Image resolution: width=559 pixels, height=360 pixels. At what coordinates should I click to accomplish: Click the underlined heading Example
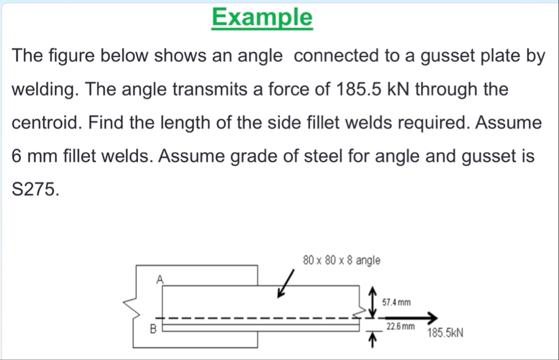(262, 18)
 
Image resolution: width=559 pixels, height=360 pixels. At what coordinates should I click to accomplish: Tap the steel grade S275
(33, 189)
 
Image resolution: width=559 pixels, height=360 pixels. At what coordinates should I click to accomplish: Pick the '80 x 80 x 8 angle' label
(342, 260)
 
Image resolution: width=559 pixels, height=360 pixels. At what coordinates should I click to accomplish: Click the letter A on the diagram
(159, 279)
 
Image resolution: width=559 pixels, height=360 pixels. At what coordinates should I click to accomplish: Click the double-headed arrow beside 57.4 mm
(373, 301)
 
